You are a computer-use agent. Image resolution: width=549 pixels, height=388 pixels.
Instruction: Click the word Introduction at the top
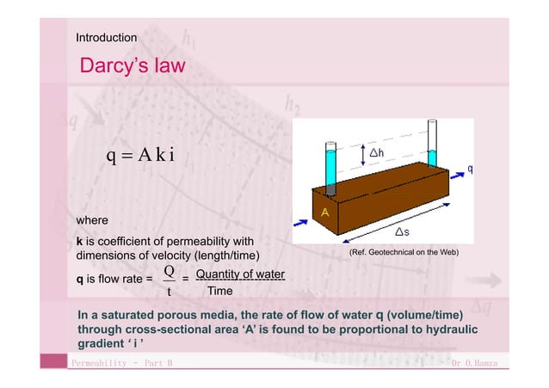click(106, 38)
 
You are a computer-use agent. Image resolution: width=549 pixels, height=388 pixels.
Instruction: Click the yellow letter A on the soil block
click(325, 211)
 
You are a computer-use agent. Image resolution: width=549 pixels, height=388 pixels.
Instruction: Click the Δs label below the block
click(401, 232)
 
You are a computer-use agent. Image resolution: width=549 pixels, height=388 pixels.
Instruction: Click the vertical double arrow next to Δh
click(366, 153)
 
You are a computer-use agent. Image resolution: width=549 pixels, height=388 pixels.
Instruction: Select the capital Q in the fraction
click(170, 272)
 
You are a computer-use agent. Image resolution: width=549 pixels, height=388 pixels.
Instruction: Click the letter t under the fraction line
click(170, 291)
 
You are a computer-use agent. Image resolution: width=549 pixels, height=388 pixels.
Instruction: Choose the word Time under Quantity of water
click(220, 291)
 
